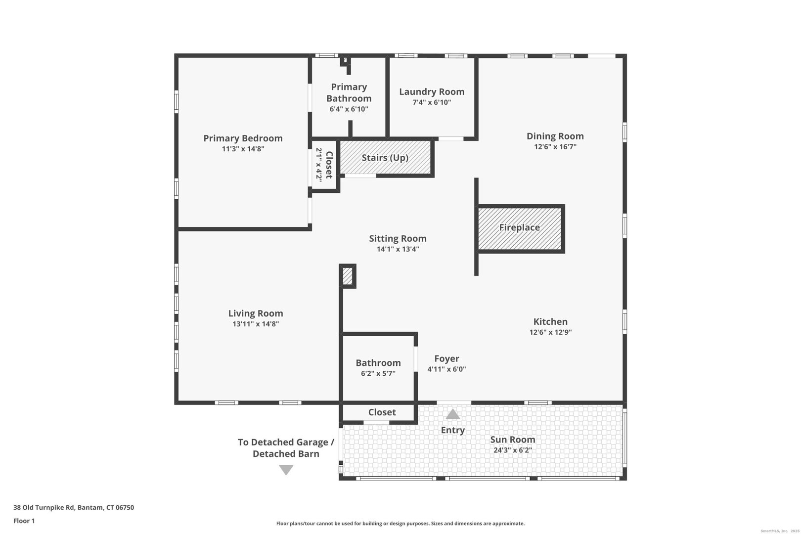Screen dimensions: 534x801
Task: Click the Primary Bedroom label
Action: [243, 138]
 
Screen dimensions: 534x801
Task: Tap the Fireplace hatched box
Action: [519, 228]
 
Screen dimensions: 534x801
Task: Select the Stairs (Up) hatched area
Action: [385, 158]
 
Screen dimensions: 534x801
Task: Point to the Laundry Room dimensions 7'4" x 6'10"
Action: [432, 103]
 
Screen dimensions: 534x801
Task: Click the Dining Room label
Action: [555, 136]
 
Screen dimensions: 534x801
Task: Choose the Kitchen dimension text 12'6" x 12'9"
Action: [550, 332]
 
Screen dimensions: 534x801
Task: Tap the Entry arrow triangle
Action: [452, 414]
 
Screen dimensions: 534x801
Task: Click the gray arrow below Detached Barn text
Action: [286, 470]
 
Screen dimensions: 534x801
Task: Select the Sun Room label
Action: [512, 440]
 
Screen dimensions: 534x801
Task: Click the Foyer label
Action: [446, 358]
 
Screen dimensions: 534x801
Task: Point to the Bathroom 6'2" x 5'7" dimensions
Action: [378, 374]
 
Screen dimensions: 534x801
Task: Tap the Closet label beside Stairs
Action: [329, 165]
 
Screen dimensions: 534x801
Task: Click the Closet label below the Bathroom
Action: [382, 412]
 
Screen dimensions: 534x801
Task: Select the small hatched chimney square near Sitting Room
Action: [347, 276]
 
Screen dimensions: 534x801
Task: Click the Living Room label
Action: [256, 313]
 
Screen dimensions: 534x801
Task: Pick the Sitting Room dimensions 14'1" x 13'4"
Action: [398, 249]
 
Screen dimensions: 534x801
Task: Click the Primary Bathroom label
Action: [349, 92]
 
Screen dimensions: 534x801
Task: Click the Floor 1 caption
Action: [24, 521]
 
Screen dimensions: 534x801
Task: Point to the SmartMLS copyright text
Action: [778, 531]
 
